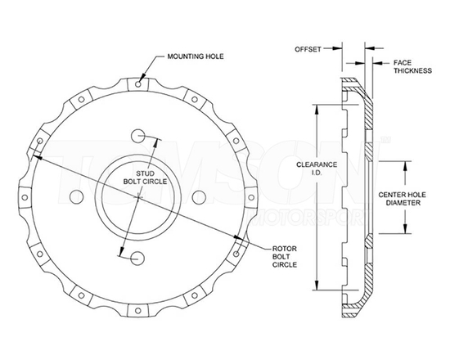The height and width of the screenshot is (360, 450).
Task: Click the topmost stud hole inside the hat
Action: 140,135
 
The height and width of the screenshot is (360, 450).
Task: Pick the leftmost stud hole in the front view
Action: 79,196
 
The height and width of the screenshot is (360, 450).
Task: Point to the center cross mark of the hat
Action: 140,196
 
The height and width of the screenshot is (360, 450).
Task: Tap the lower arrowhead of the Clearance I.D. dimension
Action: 315,289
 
